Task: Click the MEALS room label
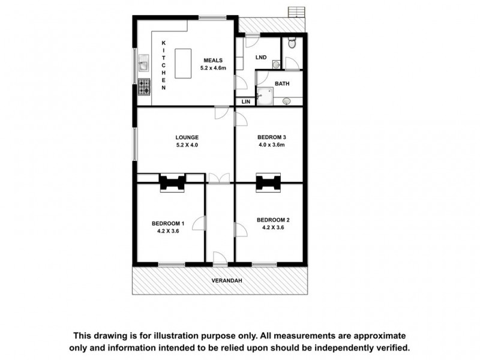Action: click(x=213, y=60)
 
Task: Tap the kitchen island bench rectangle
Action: click(x=182, y=64)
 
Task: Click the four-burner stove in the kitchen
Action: click(x=144, y=88)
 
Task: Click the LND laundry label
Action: click(x=260, y=58)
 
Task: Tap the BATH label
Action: click(x=281, y=83)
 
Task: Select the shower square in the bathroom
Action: click(x=265, y=96)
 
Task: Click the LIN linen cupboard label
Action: click(x=245, y=102)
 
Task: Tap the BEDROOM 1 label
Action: click(x=167, y=224)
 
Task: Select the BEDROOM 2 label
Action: click(x=273, y=219)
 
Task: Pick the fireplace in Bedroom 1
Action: click(x=173, y=182)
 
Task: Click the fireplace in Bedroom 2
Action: click(x=268, y=182)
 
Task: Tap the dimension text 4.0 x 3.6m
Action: click(x=271, y=145)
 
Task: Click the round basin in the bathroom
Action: click(x=286, y=101)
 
